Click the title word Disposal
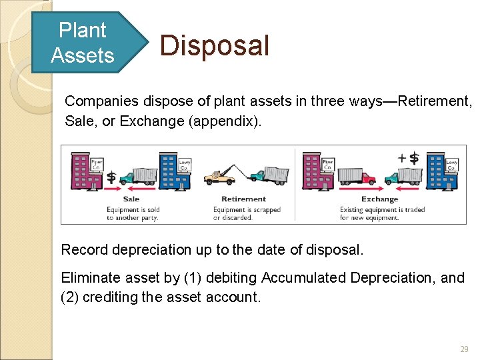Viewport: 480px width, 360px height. point(215,46)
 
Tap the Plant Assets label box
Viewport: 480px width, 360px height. point(82,43)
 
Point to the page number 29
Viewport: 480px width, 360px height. point(464,349)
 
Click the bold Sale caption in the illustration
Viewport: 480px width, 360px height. point(131,199)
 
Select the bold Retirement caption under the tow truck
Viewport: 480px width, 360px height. point(243,199)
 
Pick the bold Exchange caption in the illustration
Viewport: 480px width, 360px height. point(379,199)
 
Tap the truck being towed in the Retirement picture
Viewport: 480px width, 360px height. point(269,174)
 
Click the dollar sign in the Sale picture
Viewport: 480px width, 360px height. point(111,177)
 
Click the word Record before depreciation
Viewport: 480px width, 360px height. point(85,250)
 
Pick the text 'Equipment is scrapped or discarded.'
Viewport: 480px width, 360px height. point(247,213)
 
